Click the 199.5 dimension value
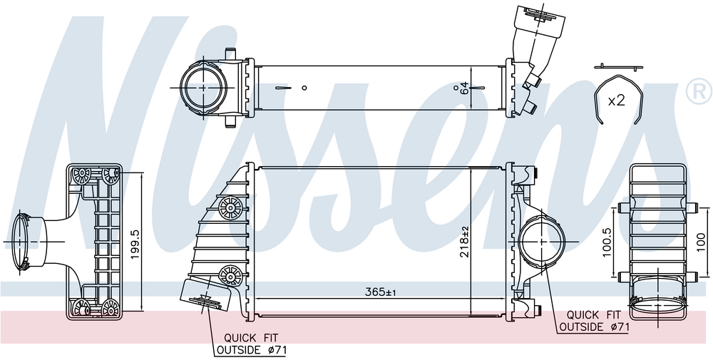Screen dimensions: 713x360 pyautogui.click(x=135, y=244)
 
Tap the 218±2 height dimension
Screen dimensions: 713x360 pyautogui.click(x=464, y=242)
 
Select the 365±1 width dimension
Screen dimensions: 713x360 pyautogui.click(x=381, y=292)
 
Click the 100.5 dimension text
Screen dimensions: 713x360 pyautogui.click(x=607, y=242)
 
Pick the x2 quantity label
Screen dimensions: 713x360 pyautogui.click(x=617, y=101)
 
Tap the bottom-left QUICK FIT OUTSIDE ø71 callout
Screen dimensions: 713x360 pyautogui.click(x=252, y=344)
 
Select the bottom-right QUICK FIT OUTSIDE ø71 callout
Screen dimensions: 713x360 pyautogui.click(x=594, y=321)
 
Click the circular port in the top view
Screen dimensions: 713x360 pyautogui.click(x=202, y=86)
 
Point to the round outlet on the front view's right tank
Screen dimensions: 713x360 pyautogui.click(x=543, y=242)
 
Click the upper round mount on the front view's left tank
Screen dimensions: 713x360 pyautogui.click(x=230, y=207)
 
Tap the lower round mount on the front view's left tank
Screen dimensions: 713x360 pyautogui.click(x=230, y=276)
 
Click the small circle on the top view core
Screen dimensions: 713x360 pyautogui.click(x=304, y=88)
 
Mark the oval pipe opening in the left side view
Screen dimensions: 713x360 pyautogui.click(x=20, y=241)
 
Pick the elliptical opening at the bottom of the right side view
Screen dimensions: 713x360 pyautogui.click(x=658, y=304)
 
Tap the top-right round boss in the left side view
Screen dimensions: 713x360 pyautogui.click(x=111, y=175)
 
